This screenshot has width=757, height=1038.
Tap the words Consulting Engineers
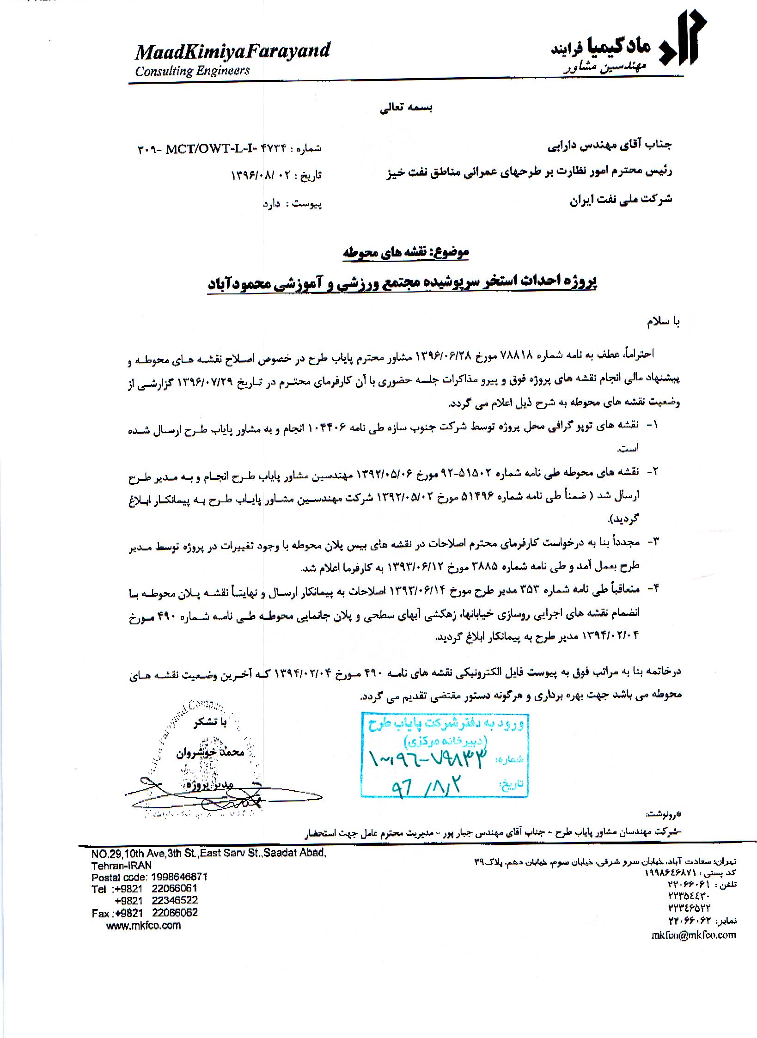point(192,71)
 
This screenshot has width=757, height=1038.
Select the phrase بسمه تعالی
point(405,108)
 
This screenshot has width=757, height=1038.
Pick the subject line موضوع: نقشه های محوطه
point(405,252)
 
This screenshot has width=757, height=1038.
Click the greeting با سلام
point(663,322)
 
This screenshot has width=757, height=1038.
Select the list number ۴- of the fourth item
point(651,588)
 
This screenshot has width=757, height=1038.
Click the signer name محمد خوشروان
point(210,752)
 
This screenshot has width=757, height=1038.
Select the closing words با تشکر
point(210,722)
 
